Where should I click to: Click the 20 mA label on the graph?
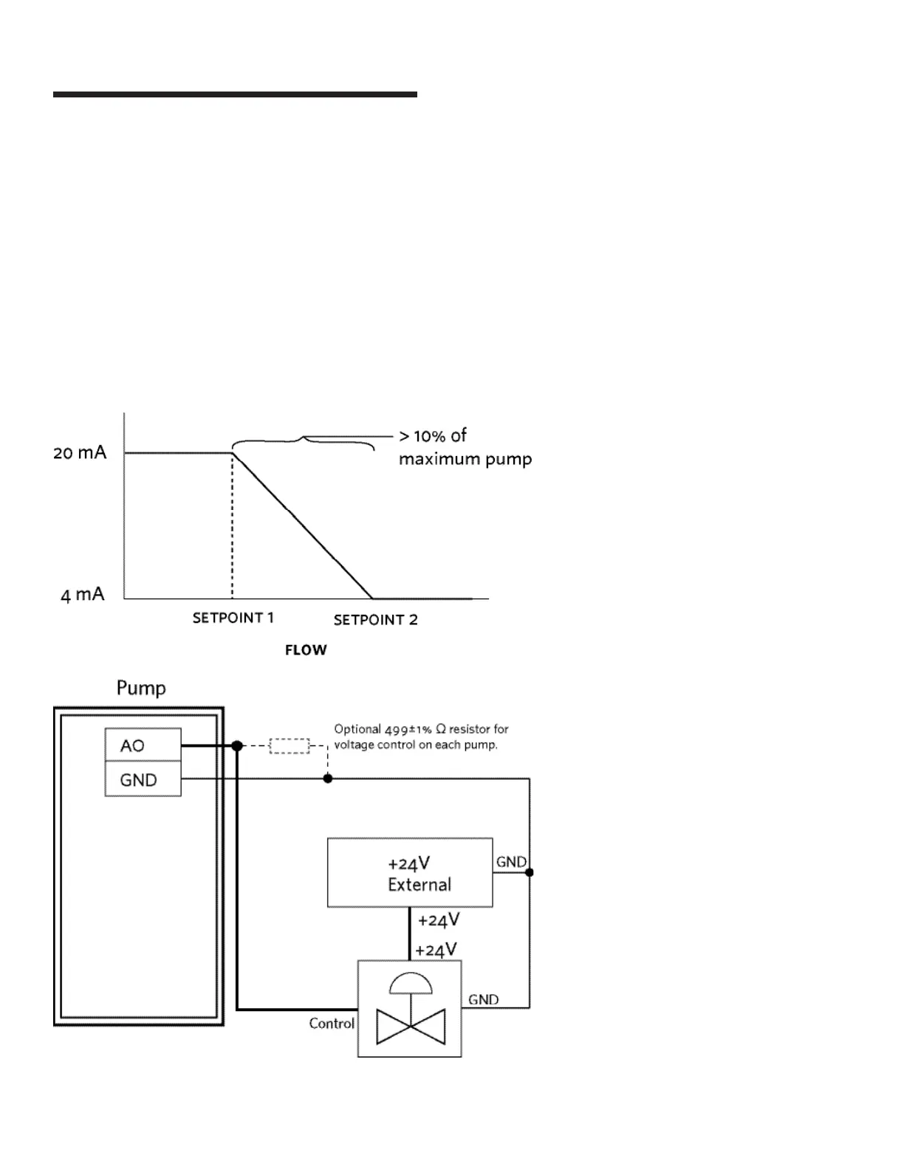point(80,452)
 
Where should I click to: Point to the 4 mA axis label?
point(82,595)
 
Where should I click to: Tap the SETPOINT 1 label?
point(233,618)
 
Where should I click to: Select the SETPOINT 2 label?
point(375,620)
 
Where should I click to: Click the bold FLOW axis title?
point(306,650)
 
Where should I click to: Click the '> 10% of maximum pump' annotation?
point(465,447)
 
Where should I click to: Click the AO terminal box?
point(143,745)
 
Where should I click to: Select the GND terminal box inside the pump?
point(143,779)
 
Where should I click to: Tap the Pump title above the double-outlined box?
point(141,689)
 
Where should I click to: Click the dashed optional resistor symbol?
point(289,745)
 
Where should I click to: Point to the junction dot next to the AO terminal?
point(237,746)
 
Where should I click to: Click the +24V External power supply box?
point(410,872)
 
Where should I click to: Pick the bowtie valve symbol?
point(411,1027)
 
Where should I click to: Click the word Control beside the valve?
point(332,1024)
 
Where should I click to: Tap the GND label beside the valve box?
point(483,1000)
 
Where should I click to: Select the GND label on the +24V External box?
point(510,862)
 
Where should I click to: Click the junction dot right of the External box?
point(530,872)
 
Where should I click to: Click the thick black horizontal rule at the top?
point(235,94)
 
